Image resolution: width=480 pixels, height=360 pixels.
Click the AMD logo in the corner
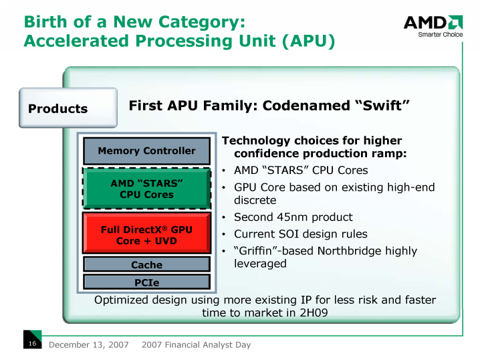tap(433, 23)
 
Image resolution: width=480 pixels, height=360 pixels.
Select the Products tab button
tap(58, 108)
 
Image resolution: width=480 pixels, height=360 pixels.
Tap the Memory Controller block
tap(146, 151)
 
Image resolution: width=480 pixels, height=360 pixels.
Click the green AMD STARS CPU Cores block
tap(146, 189)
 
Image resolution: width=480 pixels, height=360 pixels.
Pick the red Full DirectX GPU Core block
tap(146, 235)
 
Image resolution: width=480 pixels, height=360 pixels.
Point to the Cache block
tap(146, 265)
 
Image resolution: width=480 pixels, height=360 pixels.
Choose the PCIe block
tap(146, 282)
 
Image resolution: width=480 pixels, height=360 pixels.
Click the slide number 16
tap(31, 344)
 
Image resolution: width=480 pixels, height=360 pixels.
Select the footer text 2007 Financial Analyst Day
tap(197, 345)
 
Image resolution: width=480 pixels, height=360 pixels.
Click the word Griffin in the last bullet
tap(263, 251)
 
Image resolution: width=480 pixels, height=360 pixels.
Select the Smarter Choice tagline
tap(440, 35)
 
